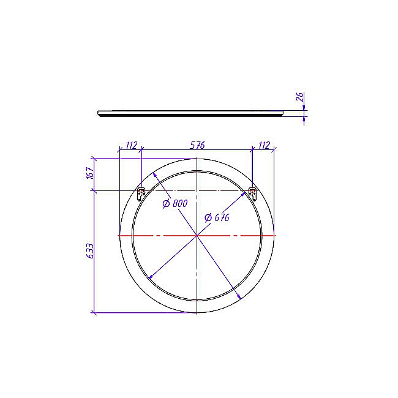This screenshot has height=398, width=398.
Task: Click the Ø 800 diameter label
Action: coord(175,203)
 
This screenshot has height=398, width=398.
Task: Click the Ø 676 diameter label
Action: coord(217,217)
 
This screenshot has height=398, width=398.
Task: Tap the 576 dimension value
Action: coord(197,145)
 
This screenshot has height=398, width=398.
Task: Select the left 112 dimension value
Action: coord(132,145)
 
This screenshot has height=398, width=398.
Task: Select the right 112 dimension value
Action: coord(264,145)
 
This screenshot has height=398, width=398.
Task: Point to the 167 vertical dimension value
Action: coord(91,173)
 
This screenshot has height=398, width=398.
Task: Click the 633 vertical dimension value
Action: coord(91,251)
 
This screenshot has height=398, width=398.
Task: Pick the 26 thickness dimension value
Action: coord(300,97)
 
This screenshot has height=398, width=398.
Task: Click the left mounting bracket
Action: coord(141,193)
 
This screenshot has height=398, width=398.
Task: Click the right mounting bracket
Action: coord(252,193)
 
